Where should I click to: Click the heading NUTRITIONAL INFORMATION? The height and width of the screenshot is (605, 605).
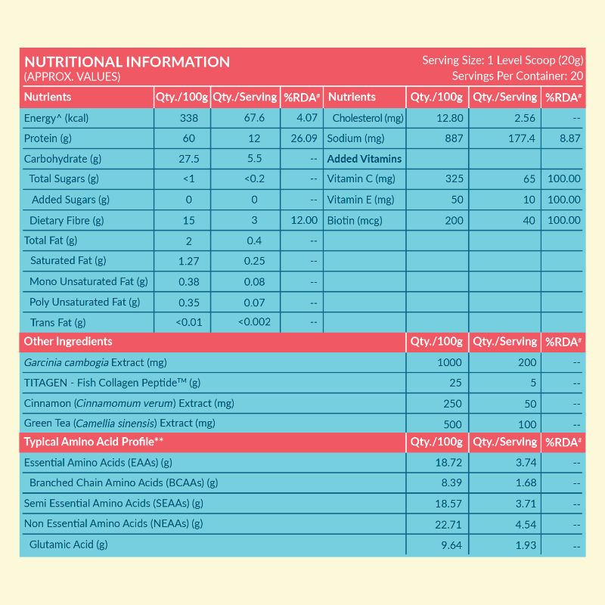click(x=127, y=61)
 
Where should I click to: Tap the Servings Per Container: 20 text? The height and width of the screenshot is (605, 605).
click(x=517, y=76)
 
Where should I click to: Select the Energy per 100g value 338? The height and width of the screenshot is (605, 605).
click(x=188, y=118)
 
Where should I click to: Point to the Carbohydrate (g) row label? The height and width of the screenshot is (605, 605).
click(x=63, y=159)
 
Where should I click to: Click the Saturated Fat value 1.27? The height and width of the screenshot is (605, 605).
click(x=188, y=261)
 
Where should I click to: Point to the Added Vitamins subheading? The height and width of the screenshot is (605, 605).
click(x=365, y=159)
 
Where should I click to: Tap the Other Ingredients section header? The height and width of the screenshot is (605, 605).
click(x=68, y=342)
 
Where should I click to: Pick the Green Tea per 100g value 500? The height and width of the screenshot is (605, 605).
click(x=451, y=423)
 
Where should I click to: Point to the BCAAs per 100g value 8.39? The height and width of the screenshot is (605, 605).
click(x=451, y=482)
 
